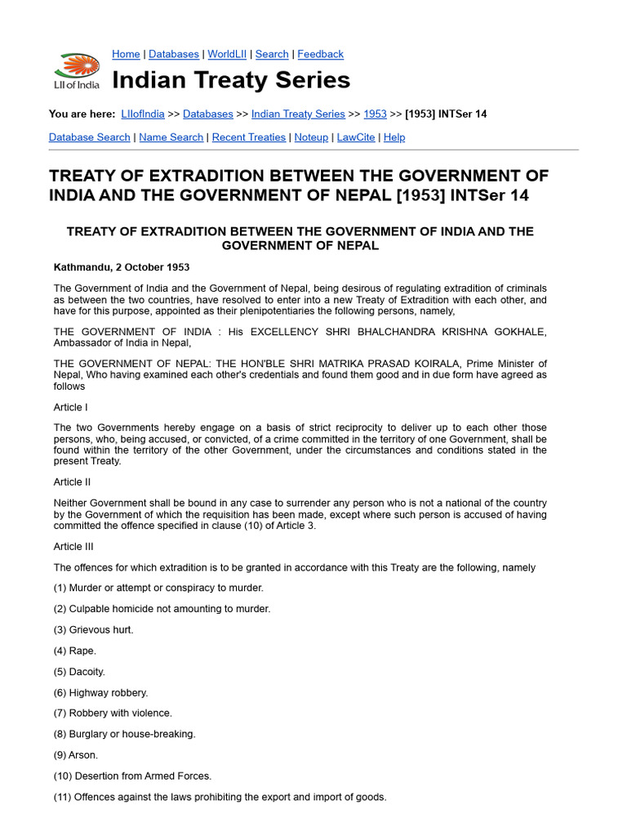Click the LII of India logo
click(x=77, y=70)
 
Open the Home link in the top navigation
click(x=126, y=54)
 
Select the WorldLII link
click(x=228, y=54)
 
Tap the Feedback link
click(x=320, y=54)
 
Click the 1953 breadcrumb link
click(x=375, y=114)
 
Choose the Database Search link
click(x=89, y=137)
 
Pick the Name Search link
click(x=171, y=137)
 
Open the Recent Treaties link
click(x=248, y=137)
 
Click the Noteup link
click(x=311, y=137)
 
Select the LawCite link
click(x=356, y=137)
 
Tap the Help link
click(x=394, y=137)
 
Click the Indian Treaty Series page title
click(x=231, y=80)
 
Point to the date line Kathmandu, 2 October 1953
click(x=122, y=267)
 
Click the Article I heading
click(x=69, y=407)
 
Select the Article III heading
click(x=73, y=546)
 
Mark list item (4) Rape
click(x=75, y=651)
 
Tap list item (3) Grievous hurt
click(x=93, y=629)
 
